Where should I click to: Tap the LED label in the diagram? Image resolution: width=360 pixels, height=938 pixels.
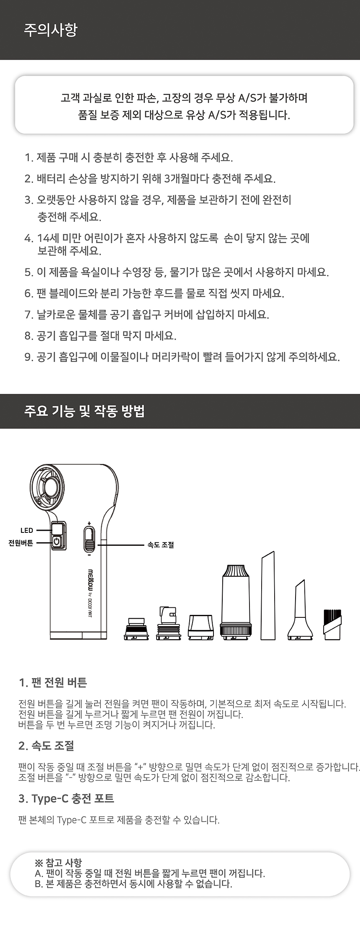27,530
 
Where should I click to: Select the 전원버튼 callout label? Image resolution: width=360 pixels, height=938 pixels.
21,543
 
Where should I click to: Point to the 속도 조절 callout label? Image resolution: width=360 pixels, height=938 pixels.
161,545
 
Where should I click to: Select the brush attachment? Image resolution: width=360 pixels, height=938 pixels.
332,624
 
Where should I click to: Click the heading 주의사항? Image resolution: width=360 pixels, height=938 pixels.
51,30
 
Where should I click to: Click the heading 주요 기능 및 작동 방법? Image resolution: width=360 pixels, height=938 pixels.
85,411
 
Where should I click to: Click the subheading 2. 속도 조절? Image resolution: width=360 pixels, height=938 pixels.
46,745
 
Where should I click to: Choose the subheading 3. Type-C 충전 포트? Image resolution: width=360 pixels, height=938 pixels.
66,799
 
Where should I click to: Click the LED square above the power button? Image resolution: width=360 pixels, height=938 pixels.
59,529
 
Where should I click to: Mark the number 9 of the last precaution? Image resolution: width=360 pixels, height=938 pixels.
28,357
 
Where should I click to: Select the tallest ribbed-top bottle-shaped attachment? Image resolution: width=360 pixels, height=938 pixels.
236,602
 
